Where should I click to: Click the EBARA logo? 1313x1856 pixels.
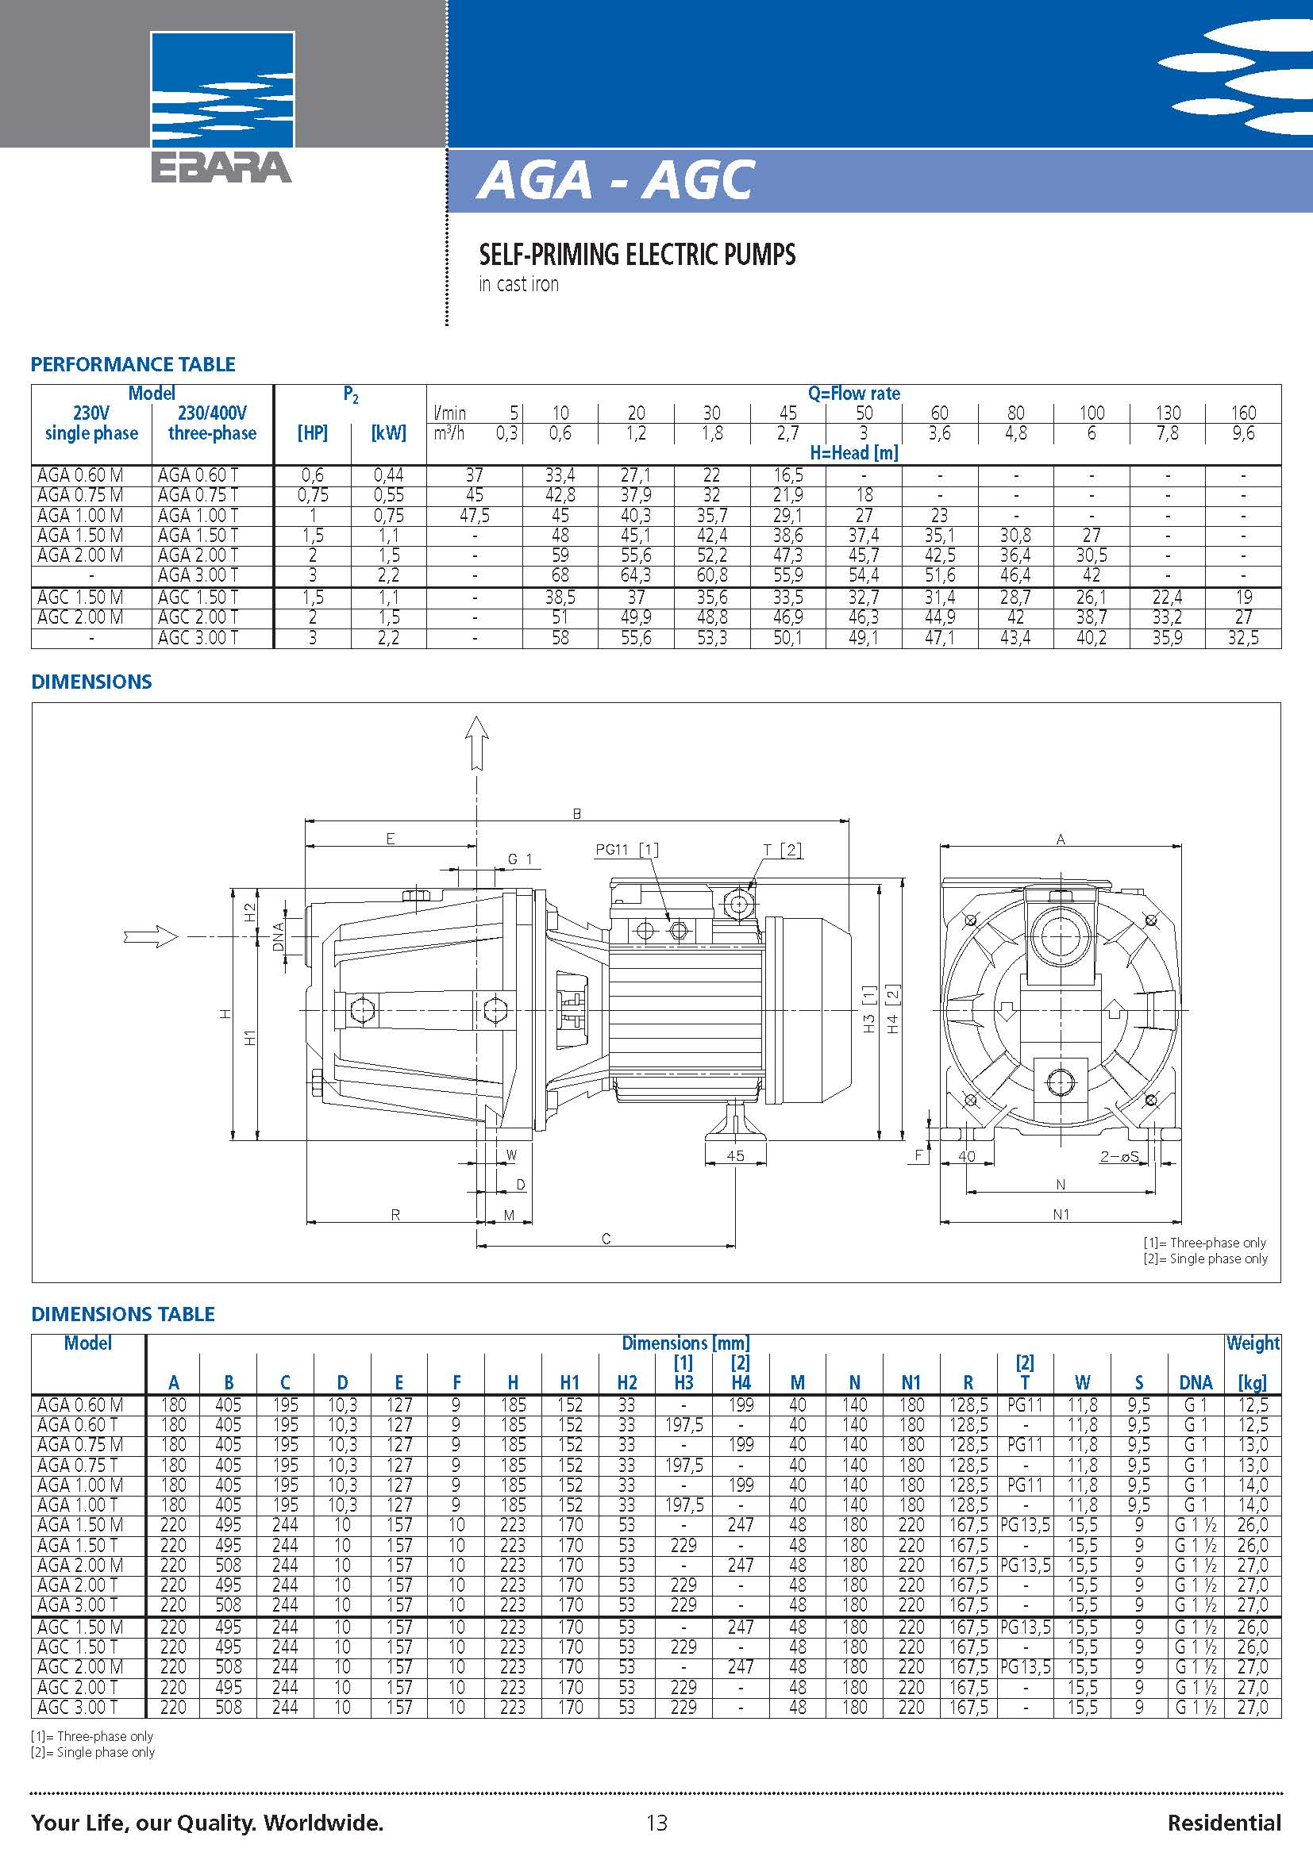(222, 106)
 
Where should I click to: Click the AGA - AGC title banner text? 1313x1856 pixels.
(616, 179)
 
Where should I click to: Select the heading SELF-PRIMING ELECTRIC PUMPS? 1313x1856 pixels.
(637, 255)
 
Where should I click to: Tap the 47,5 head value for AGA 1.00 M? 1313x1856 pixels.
(474, 516)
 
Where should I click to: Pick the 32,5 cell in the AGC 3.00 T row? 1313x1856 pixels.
(1242, 638)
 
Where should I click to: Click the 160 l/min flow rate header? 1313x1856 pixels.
(1242, 413)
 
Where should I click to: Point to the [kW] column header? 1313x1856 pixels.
(388, 432)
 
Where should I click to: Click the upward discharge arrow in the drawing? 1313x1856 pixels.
(477, 740)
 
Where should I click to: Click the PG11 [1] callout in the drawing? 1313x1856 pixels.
(626, 850)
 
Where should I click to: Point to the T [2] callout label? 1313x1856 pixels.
(782, 850)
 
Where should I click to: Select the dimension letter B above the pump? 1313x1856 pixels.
(576, 814)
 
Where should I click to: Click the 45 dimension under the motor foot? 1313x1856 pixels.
(735, 1156)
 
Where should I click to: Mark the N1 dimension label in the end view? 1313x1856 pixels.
(1061, 1214)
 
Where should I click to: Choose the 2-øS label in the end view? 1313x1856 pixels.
(1119, 1157)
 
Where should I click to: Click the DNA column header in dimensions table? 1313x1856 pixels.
(1195, 1382)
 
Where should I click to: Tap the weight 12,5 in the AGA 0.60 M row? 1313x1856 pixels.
(1253, 1405)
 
